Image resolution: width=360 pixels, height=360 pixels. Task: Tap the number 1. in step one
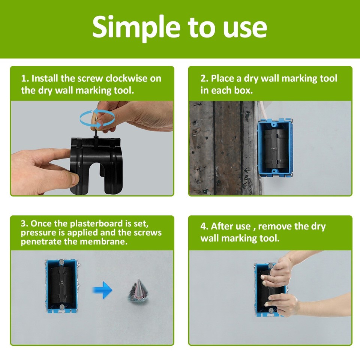tap(25, 78)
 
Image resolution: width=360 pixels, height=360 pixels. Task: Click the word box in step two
tap(244, 91)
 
